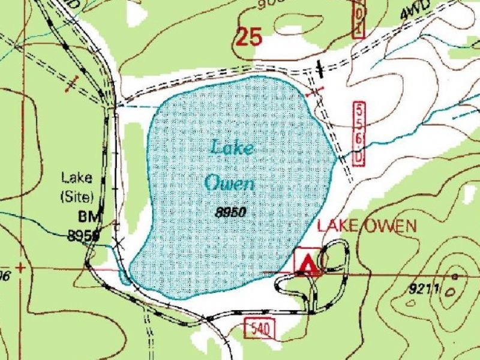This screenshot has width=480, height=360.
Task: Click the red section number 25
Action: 250,37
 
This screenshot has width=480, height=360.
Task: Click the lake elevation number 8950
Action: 231,212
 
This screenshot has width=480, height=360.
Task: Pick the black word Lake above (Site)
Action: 77,177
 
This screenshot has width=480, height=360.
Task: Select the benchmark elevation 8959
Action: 83,236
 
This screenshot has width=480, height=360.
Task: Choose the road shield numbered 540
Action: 260,328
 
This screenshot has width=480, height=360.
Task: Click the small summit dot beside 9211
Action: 455,277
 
